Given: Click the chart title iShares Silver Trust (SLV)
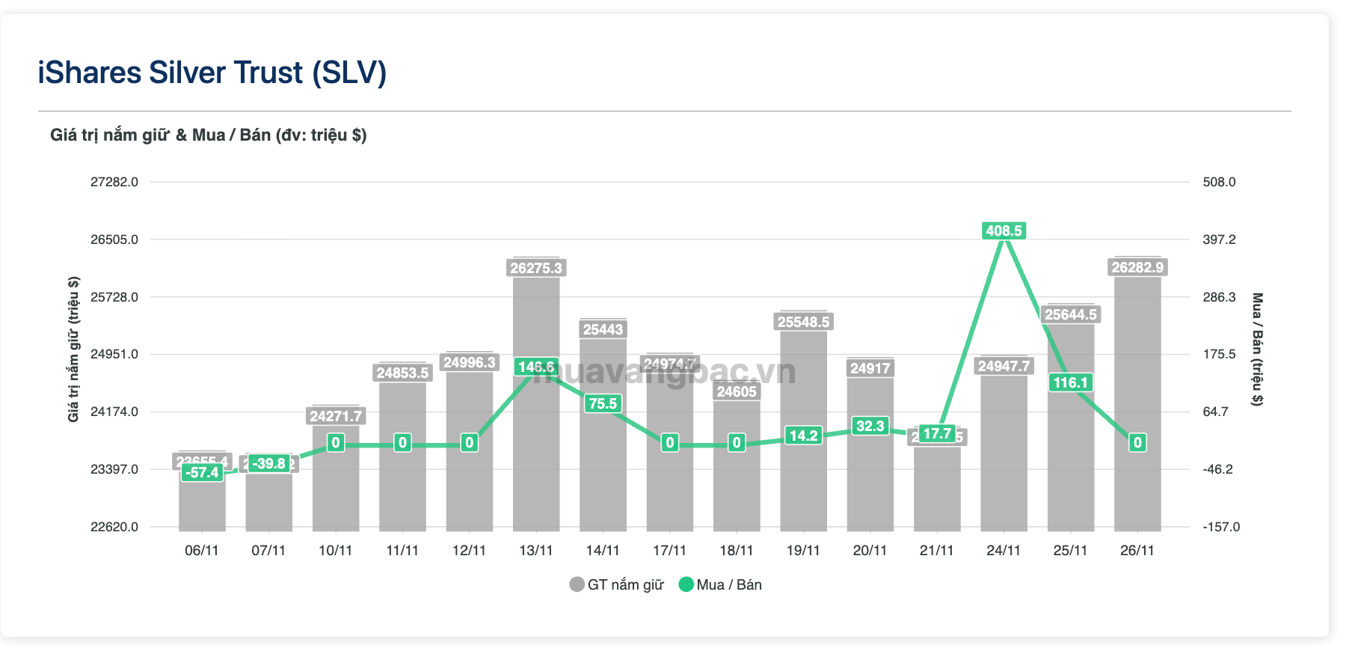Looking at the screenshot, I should pyautogui.click(x=212, y=73).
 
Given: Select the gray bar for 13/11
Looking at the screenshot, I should pyautogui.click(x=536, y=449).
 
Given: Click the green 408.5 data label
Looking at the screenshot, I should pyautogui.click(x=1004, y=230).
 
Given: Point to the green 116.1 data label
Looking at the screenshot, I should pyautogui.click(x=1070, y=382).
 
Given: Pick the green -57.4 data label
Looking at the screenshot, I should pyautogui.click(x=203, y=472).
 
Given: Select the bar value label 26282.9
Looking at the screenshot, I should pyautogui.click(x=1137, y=267).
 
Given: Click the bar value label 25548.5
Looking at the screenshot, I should pyautogui.click(x=803, y=322).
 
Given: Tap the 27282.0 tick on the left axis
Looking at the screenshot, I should pyautogui.click(x=114, y=182).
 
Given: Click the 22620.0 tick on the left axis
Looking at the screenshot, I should pyautogui.click(x=114, y=527).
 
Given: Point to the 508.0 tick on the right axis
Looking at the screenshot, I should pyautogui.click(x=1219, y=182).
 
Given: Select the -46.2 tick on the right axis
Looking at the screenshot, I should pyautogui.click(x=1217, y=469).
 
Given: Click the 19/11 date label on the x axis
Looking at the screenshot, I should pyautogui.click(x=803, y=551).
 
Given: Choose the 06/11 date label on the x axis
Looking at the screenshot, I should pyautogui.click(x=202, y=551).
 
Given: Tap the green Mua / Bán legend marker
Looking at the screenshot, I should pyautogui.click(x=686, y=584).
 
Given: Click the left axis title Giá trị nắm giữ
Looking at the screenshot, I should pyautogui.click(x=73, y=349).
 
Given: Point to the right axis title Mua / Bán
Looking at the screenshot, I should pyautogui.click(x=1257, y=349).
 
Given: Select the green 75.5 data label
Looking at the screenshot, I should pyautogui.click(x=603, y=403).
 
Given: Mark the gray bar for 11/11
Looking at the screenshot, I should pyautogui.click(x=402, y=464).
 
